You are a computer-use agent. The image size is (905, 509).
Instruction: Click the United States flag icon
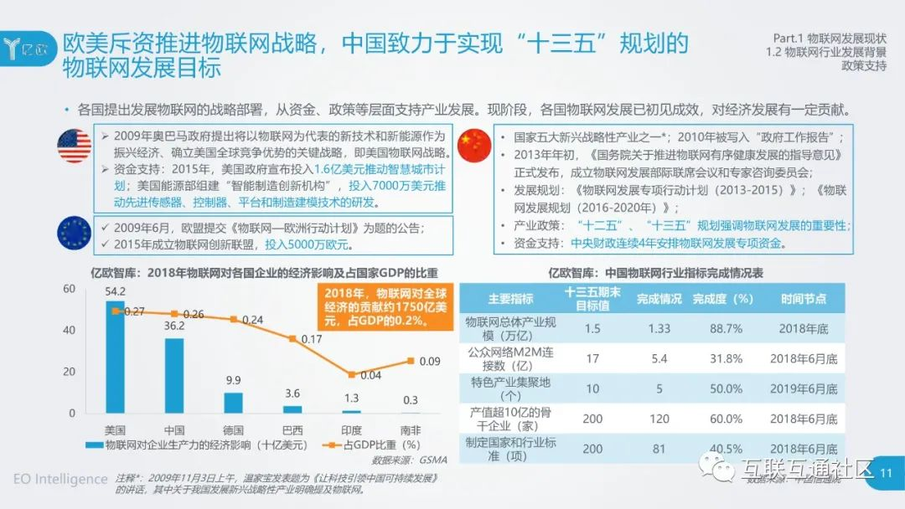tap(74, 147)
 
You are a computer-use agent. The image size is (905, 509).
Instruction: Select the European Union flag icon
tap(74, 233)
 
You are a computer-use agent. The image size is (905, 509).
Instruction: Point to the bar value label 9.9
tap(233, 380)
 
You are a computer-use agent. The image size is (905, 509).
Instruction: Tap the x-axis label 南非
tap(410, 429)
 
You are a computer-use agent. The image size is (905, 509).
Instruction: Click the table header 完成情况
tap(659, 299)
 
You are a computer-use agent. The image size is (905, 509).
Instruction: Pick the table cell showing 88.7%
tap(726, 328)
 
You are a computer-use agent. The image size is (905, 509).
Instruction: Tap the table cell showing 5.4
tap(659, 358)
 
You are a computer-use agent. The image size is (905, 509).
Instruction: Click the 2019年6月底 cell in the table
tap(803, 388)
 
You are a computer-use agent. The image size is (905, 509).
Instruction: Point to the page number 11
tap(887, 475)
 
